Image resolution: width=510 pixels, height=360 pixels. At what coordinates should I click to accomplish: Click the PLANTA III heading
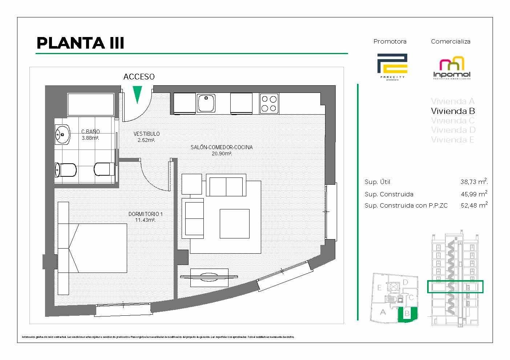click(80, 43)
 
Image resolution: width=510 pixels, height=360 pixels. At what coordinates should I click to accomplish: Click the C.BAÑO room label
click(90, 132)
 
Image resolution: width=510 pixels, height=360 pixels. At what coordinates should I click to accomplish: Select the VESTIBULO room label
click(146, 134)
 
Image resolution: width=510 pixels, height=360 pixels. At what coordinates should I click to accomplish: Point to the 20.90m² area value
click(222, 154)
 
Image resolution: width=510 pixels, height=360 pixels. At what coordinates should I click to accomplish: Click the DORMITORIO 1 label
click(145, 214)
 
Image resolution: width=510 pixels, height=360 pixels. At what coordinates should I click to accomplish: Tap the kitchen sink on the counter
click(206, 103)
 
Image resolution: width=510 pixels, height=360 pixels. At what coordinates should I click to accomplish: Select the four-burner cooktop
click(269, 103)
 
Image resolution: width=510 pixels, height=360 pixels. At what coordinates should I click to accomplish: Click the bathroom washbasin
click(63, 135)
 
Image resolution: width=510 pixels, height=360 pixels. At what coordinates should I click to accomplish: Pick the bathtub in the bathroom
click(90, 105)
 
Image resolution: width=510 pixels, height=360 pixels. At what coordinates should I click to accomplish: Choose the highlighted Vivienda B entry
click(453, 111)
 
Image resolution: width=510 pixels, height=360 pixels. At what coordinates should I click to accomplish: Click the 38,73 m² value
click(474, 182)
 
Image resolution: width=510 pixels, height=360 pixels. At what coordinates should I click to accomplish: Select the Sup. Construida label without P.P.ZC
click(389, 194)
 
